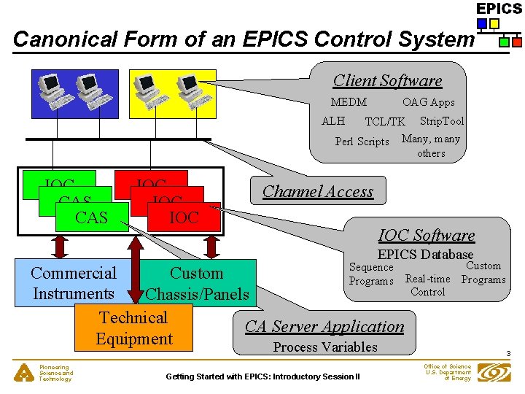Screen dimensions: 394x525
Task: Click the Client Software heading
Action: pos(387,81)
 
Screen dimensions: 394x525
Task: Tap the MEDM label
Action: pos(349,102)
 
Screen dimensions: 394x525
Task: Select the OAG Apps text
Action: pos(428,102)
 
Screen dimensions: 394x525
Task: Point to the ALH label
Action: pos(333,120)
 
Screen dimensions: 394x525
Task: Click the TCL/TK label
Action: pos(384,122)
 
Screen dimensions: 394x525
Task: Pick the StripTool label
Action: pos(441,120)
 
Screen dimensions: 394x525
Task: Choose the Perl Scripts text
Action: pos(362,141)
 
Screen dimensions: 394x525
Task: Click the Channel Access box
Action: pos(318,191)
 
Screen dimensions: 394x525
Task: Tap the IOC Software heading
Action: pos(427,235)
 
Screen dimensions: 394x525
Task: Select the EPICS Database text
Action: pos(425,255)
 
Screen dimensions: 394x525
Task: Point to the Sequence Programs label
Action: pos(371,274)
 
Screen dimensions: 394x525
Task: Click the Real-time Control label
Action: pos(428,285)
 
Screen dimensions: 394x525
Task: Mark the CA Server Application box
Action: pos(324,326)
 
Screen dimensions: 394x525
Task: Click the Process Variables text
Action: pos(325,347)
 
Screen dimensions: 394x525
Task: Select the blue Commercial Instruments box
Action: pos(73,283)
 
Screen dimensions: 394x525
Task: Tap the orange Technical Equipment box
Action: pos(133,328)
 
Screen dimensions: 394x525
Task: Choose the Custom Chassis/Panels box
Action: pos(197,283)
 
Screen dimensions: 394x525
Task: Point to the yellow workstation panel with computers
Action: pos(172,93)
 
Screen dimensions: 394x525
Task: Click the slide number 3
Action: pos(507,355)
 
